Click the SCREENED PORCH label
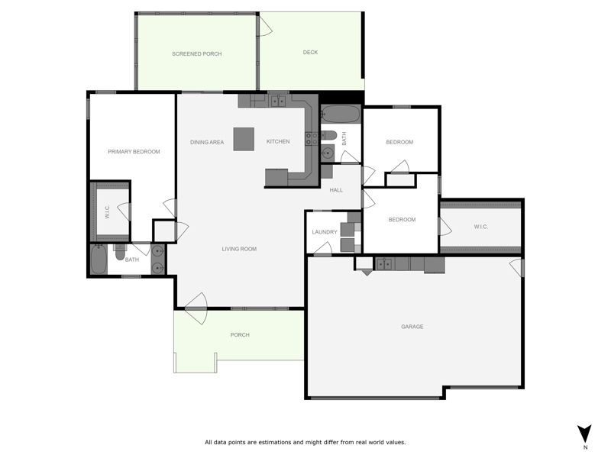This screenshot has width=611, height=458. click(x=197, y=53)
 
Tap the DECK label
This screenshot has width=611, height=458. click(x=310, y=52)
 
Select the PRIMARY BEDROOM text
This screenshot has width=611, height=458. click(x=134, y=151)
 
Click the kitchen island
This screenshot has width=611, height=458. click(x=244, y=139)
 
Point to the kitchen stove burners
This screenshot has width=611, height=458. click(x=312, y=139)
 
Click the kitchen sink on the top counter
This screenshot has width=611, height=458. click(x=278, y=102)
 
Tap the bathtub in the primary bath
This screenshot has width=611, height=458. click(x=99, y=260)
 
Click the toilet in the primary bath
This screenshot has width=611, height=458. click(x=120, y=253)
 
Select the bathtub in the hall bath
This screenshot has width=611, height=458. click(x=340, y=114)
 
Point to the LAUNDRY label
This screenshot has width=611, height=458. click(x=325, y=232)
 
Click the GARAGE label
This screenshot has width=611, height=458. click(x=412, y=327)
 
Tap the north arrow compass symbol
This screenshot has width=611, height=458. click(x=584, y=434)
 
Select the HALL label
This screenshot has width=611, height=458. click(x=336, y=190)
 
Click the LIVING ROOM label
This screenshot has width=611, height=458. click(x=239, y=249)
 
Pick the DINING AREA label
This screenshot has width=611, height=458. click(x=207, y=142)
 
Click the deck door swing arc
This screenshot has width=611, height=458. click(x=266, y=26)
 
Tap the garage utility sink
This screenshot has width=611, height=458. click(x=385, y=263)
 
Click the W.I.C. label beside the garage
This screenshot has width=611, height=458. click(x=481, y=227)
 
